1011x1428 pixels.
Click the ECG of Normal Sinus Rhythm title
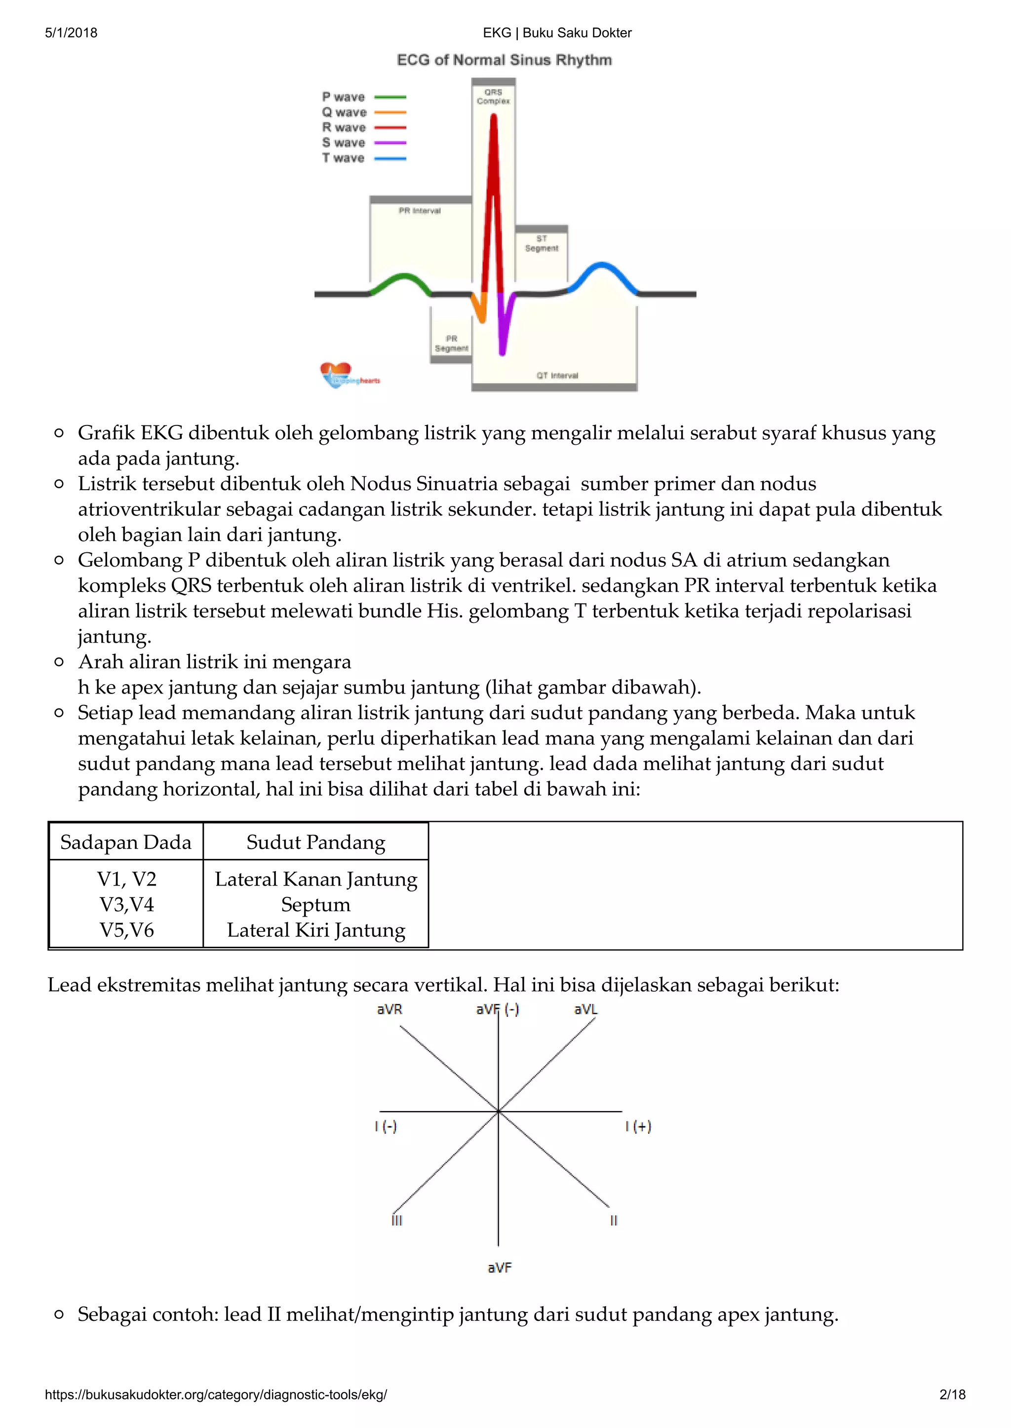504,60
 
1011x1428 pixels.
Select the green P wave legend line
390,97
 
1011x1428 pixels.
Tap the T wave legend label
343,158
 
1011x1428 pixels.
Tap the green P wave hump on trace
403,276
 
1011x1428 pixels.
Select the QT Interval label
557,375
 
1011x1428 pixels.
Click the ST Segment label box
542,243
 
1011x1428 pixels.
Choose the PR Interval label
420,211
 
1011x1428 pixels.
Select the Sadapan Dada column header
126,842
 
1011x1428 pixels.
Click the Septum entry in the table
315,904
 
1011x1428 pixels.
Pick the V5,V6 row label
126,930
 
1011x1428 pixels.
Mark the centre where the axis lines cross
499,1111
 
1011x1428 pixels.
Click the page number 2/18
952,1394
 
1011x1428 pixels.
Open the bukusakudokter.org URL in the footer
216,1394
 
